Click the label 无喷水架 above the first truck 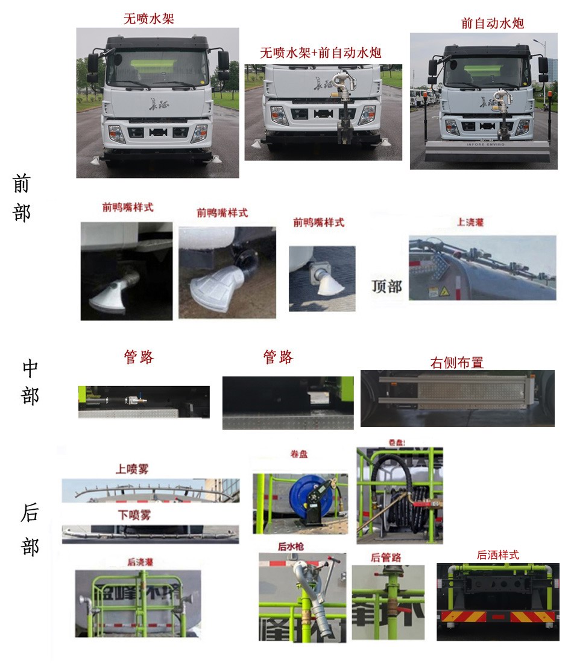click(149, 19)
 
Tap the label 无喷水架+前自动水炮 click(320, 52)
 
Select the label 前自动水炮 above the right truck click(492, 24)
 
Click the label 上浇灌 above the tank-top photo click(470, 223)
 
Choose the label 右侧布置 click(456, 363)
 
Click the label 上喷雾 click(133, 469)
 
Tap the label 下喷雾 click(134, 515)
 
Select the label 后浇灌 click(140, 562)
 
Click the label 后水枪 click(291, 547)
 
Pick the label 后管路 click(386, 557)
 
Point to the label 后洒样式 click(497, 555)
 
